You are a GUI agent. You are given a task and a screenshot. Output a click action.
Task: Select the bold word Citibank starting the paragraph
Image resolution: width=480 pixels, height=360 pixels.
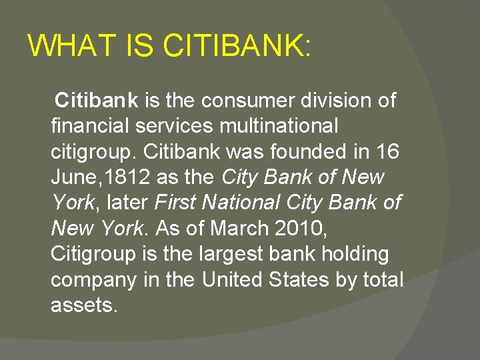[97, 101]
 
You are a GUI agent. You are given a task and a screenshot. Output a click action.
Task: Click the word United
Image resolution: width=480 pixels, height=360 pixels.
[234, 280]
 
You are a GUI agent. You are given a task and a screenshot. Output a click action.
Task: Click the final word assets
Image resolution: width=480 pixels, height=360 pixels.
[84, 305]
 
